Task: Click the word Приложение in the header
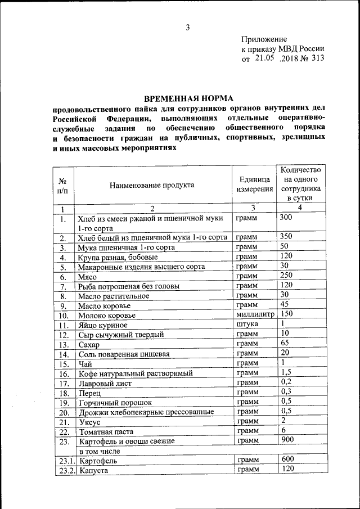point(264,39)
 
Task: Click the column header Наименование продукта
point(152,184)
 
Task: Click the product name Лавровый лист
point(105,383)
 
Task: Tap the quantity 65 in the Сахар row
point(285,343)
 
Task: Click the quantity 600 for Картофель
point(287,459)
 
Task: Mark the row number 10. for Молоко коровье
point(64,316)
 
